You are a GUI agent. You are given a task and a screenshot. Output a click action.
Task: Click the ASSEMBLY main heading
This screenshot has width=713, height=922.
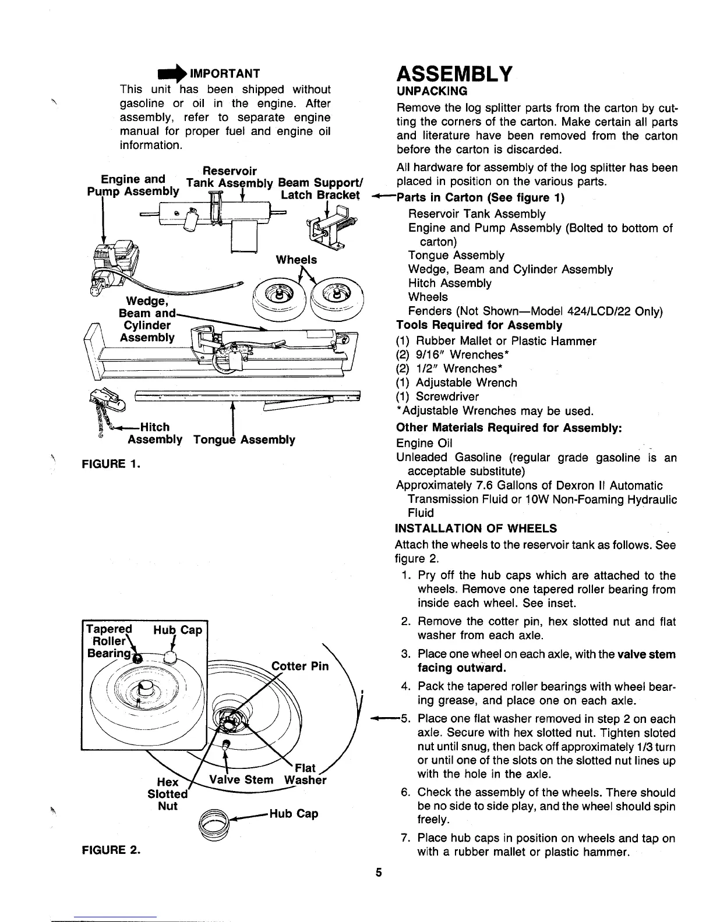click(454, 74)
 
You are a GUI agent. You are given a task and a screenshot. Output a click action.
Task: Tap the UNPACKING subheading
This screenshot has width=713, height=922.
click(432, 91)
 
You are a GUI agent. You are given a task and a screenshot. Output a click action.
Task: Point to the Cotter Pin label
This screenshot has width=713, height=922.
click(300, 666)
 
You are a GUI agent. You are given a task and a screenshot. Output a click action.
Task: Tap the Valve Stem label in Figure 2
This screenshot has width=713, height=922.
click(241, 780)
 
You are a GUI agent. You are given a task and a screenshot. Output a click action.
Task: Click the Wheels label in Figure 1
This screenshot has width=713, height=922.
click(297, 260)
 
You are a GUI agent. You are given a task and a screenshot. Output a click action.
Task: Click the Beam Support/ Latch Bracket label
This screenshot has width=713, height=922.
click(320, 189)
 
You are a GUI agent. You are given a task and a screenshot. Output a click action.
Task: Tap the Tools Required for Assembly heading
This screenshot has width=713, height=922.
click(479, 325)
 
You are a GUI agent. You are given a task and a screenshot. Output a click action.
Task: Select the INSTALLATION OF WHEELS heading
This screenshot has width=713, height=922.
click(476, 529)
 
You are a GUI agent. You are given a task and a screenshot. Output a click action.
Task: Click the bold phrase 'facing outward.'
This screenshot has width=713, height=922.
click(461, 668)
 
